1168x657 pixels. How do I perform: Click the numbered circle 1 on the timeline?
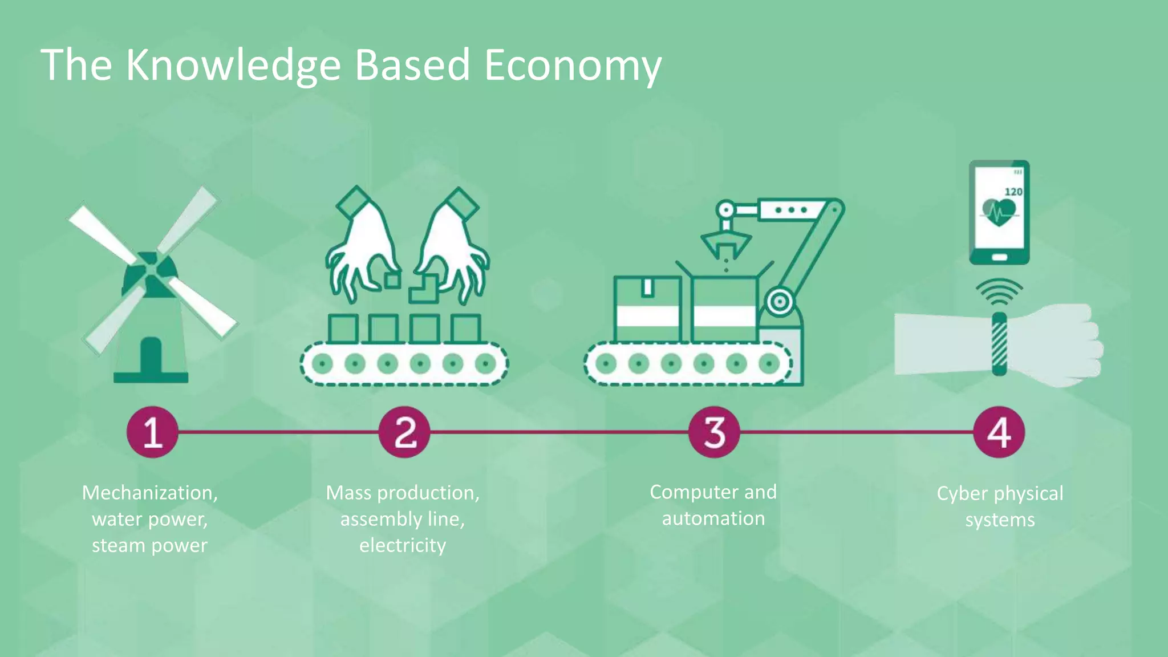coord(152,432)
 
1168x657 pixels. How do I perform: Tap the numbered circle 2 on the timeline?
coord(404,432)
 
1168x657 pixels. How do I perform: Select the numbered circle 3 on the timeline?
coord(714,432)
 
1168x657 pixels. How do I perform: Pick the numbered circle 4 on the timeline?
coord(999,432)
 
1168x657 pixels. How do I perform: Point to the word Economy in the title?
coord(573,66)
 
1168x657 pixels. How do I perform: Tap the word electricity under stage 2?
coord(403,545)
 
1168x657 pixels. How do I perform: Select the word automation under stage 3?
coord(713,518)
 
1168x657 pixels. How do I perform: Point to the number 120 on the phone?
coord(1013,192)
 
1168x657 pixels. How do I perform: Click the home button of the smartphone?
coord(999,257)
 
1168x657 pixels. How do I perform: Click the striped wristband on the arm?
coord(999,344)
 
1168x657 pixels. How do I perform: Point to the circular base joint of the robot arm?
coord(778,302)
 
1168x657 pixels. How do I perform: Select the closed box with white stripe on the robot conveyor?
coord(647,309)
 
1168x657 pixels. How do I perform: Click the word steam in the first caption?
coord(118,546)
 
